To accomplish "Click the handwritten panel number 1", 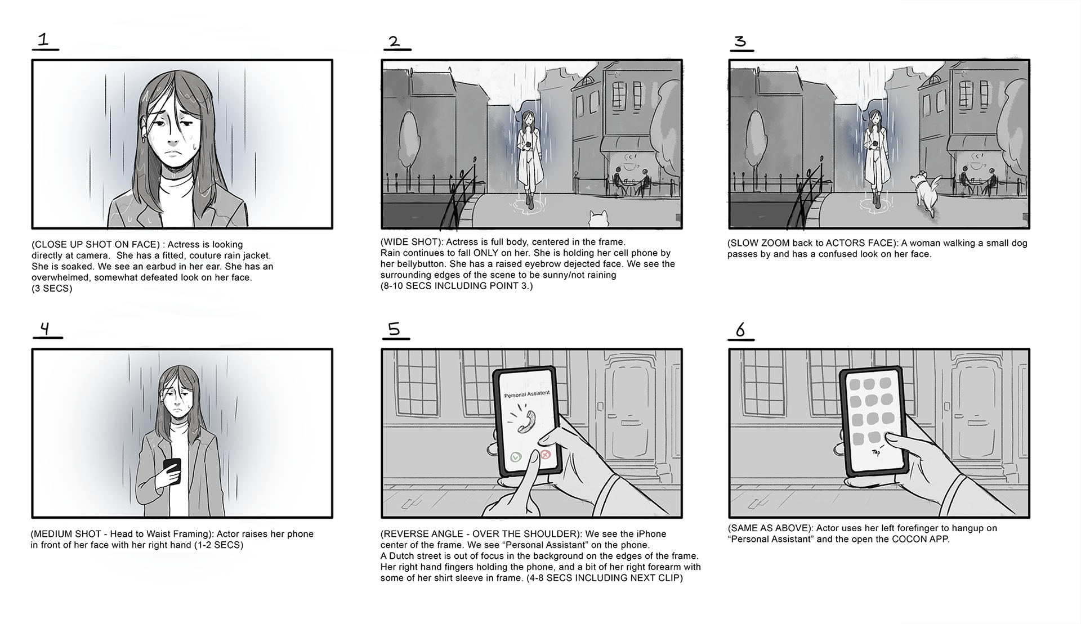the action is (x=43, y=39).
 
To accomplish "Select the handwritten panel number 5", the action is (x=394, y=329).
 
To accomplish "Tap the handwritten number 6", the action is (x=740, y=330).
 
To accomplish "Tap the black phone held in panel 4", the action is (x=172, y=470).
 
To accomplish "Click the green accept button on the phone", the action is (x=516, y=457).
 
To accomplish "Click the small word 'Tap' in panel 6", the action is (x=875, y=452).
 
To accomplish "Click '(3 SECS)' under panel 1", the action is (x=52, y=289).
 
